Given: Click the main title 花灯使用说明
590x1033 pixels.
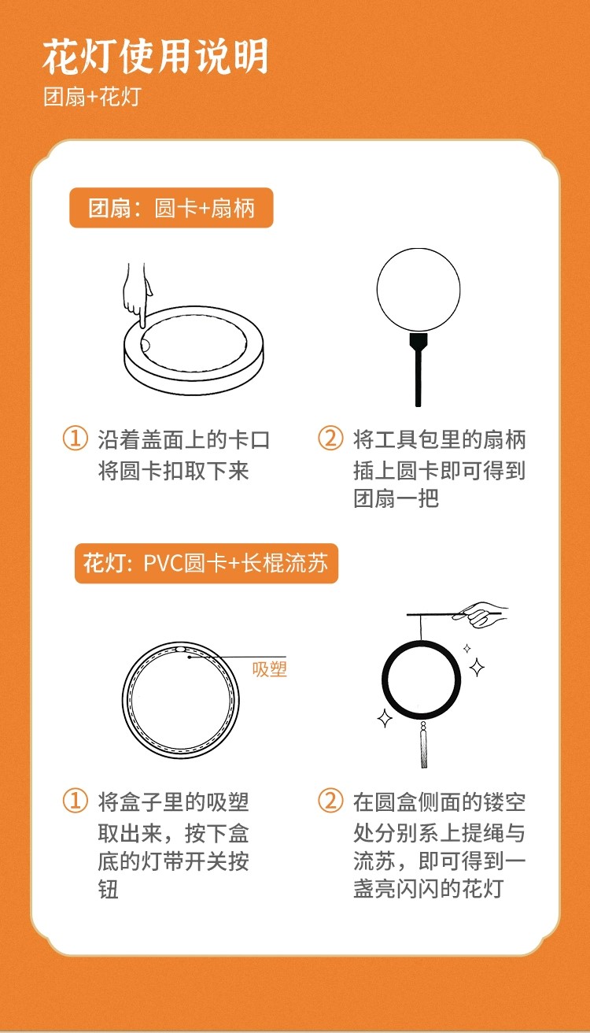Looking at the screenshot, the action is click(x=155, y=56).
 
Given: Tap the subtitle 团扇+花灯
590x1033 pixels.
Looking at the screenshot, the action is click(x=92, y=97).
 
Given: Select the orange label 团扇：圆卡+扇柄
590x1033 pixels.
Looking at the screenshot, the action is click(x=171, y=208).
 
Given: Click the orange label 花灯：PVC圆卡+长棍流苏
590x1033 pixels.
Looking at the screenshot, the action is click(x=206, y=563).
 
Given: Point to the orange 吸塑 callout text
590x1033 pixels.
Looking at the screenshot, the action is click(x=270, y=669).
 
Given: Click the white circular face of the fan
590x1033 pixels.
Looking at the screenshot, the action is click(x=419, y=290).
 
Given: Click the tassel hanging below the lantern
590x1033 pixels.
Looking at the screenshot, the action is click(x=423, y=745).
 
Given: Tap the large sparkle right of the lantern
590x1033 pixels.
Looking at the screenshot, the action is click(x=477, y=667).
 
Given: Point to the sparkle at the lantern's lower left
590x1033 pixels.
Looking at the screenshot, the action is click(x=385, y=717).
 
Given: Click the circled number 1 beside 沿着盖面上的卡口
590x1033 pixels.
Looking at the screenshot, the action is click(x=76, y=438).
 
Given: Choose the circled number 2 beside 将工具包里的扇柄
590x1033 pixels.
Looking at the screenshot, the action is click(x=330, y=438).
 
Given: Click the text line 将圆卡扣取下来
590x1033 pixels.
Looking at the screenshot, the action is click(x=173, y=471).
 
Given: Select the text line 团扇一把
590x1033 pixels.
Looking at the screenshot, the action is click(x=396, y=498).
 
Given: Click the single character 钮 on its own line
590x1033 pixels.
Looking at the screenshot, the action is click(x=109, y=890).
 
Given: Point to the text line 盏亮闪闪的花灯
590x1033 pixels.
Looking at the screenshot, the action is click(x=428, y=889).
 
